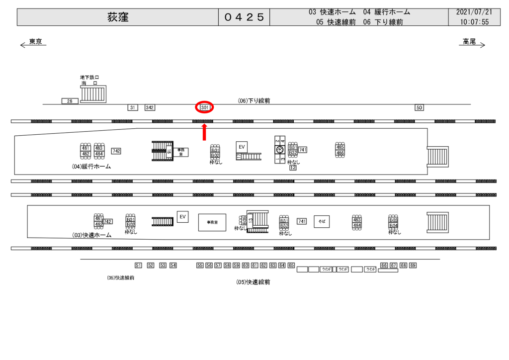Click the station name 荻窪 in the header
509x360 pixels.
(118, 17)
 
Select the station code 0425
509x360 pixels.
(244, 17)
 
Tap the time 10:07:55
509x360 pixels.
(474, 22)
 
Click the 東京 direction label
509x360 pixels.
(35, 42)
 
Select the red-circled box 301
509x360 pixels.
(204, 107)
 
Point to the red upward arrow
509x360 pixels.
(204, 132)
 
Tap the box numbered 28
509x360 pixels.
(70, 101)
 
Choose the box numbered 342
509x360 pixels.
(150, 107)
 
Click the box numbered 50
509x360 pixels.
(420, 107)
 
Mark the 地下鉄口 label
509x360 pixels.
(89, 77)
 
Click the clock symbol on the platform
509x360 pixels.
(280, 150)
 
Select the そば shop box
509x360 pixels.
(322, 222)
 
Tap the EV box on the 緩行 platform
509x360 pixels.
(242, 147)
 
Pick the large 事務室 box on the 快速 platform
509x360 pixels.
(212, 222)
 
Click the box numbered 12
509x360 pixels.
(293, 168)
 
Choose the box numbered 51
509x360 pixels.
(138, 266)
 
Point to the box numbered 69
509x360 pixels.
(413, 266)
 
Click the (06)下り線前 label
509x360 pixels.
(254, 100)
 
